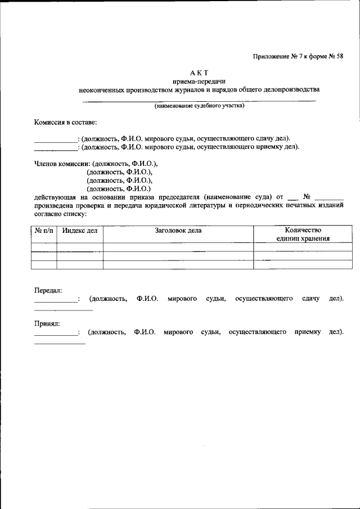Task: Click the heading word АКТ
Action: tap(199, 73)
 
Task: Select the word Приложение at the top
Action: tap(270, 56)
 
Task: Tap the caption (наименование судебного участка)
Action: tap(199, 105)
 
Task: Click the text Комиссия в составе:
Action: tap(65, 122)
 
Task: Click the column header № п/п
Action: tap(43, 231)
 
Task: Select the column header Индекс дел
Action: tap(79, 231)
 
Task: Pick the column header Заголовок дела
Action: tap(178, 231)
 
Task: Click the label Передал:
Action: tap(48, 290)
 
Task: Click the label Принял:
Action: tap(47, 323)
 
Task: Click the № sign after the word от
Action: tap(307, 197)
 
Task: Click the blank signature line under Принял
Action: tap(60, 343)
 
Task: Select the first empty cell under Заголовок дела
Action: tap(178, 246)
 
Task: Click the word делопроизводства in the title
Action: tap(291, 89)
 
